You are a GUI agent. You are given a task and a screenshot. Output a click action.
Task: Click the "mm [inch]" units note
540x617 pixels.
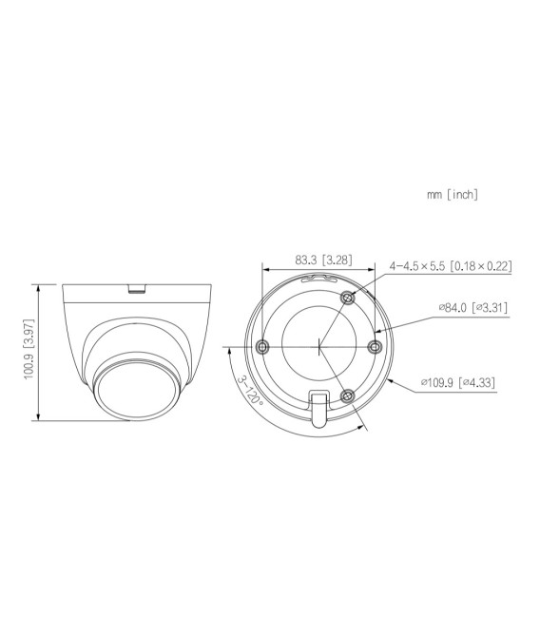453,195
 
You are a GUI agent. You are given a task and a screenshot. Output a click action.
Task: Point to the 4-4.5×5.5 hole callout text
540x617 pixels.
451,266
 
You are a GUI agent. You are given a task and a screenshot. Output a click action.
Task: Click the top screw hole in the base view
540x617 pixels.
347,298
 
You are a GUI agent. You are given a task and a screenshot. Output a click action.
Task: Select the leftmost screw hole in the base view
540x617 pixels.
263,346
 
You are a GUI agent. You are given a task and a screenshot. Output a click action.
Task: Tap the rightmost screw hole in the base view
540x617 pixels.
374,346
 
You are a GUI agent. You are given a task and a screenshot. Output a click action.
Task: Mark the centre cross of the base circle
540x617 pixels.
318,346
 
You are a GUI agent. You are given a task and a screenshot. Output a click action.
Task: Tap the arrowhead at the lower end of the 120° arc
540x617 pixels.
364,427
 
